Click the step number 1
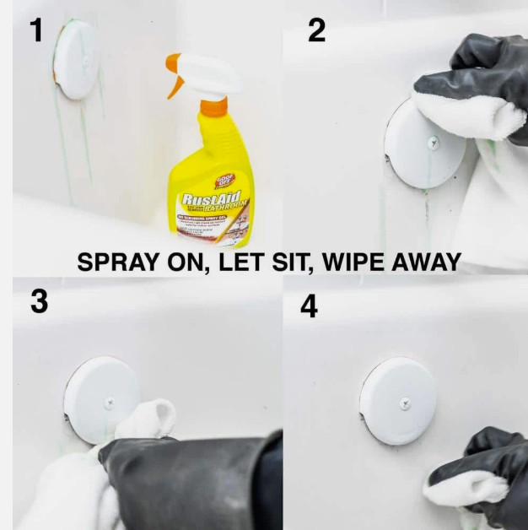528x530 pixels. (x=35, y=30)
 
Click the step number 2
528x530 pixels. (x=316, y=30)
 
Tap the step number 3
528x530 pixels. (x=39, y=302)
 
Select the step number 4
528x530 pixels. (x=310, y=306)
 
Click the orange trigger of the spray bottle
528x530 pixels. (x=175, y=77)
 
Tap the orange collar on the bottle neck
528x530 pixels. (x=213, y=107)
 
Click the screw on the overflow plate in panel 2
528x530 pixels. (x=433, y=143)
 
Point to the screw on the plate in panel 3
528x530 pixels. (x=109, y=403)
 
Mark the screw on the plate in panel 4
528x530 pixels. (x=405, y=404)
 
